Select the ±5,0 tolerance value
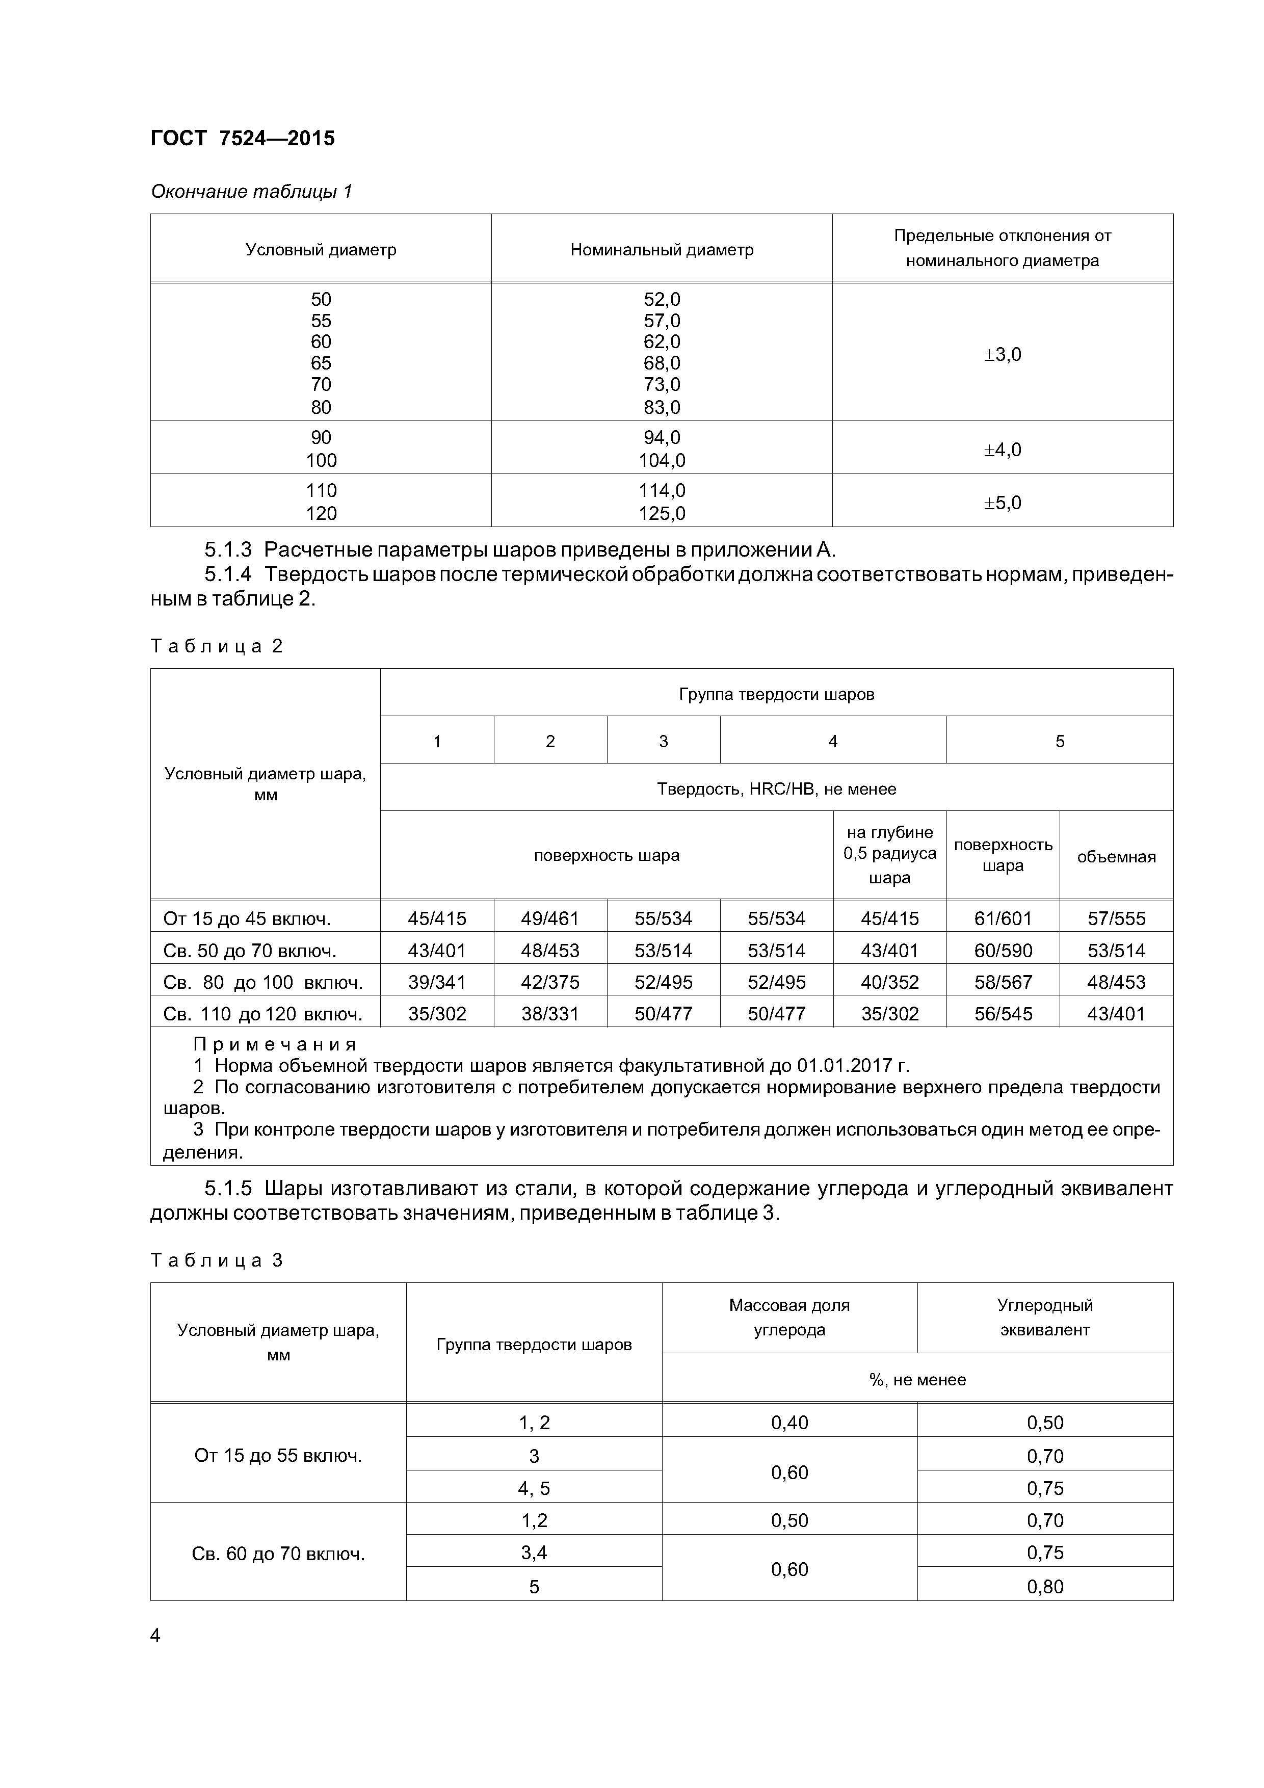[x=1003, y=502]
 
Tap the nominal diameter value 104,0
[x=662, y=460]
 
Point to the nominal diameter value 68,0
[x=662, y=363]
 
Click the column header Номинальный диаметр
[x=662, y=249]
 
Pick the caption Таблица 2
[x=217, y=646]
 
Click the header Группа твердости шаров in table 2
[x=776, y=693]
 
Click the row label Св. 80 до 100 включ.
[x=263, y=982]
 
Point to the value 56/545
[x=1003, y=1013]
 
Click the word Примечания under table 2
[x=274, y=1044]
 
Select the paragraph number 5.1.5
[x=228, y=1189]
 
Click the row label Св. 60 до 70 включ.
[x=278, y=1555]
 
